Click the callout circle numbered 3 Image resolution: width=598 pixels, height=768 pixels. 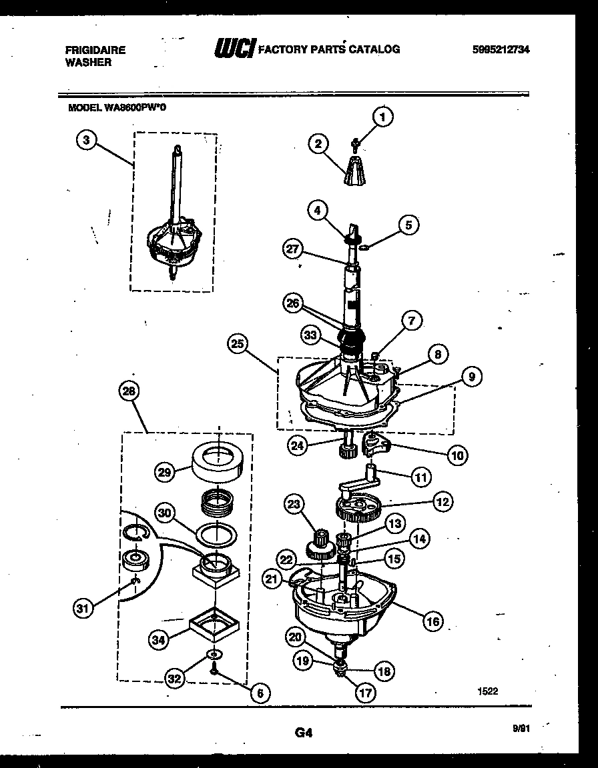pyautogui.click(x=85, y=141)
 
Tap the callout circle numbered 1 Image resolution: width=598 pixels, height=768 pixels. pyautogui.click(x=382, y=118)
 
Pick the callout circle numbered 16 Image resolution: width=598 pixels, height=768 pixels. pyautogui.click(x=433, y=621)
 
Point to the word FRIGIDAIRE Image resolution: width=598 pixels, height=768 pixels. pyautogui.click(x=95, y=50)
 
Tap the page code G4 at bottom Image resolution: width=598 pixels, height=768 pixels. pyautogui.click(x=303, y=733)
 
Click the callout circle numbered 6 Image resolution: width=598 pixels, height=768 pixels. pyautogui.click(x=260, y=693)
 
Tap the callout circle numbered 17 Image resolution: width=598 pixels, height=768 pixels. pyautogui.click(x=366, y=693)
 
